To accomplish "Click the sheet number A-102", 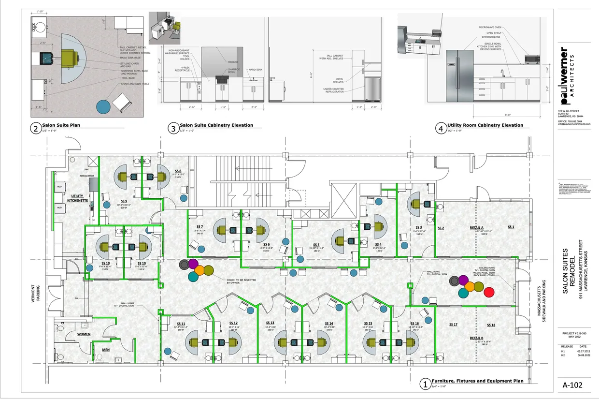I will [573, 385].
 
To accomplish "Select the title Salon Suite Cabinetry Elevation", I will [216, 125].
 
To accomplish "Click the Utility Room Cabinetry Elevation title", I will [485, 125].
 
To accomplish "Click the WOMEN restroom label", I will [84, 334].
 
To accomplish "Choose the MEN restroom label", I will [106, 350].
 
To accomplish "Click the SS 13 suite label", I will [270, 323].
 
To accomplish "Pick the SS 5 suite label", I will [316, 245].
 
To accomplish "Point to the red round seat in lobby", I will [489, 292].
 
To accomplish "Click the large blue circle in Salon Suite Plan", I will [103, 106].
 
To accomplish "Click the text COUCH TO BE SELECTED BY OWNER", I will [241, 281].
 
